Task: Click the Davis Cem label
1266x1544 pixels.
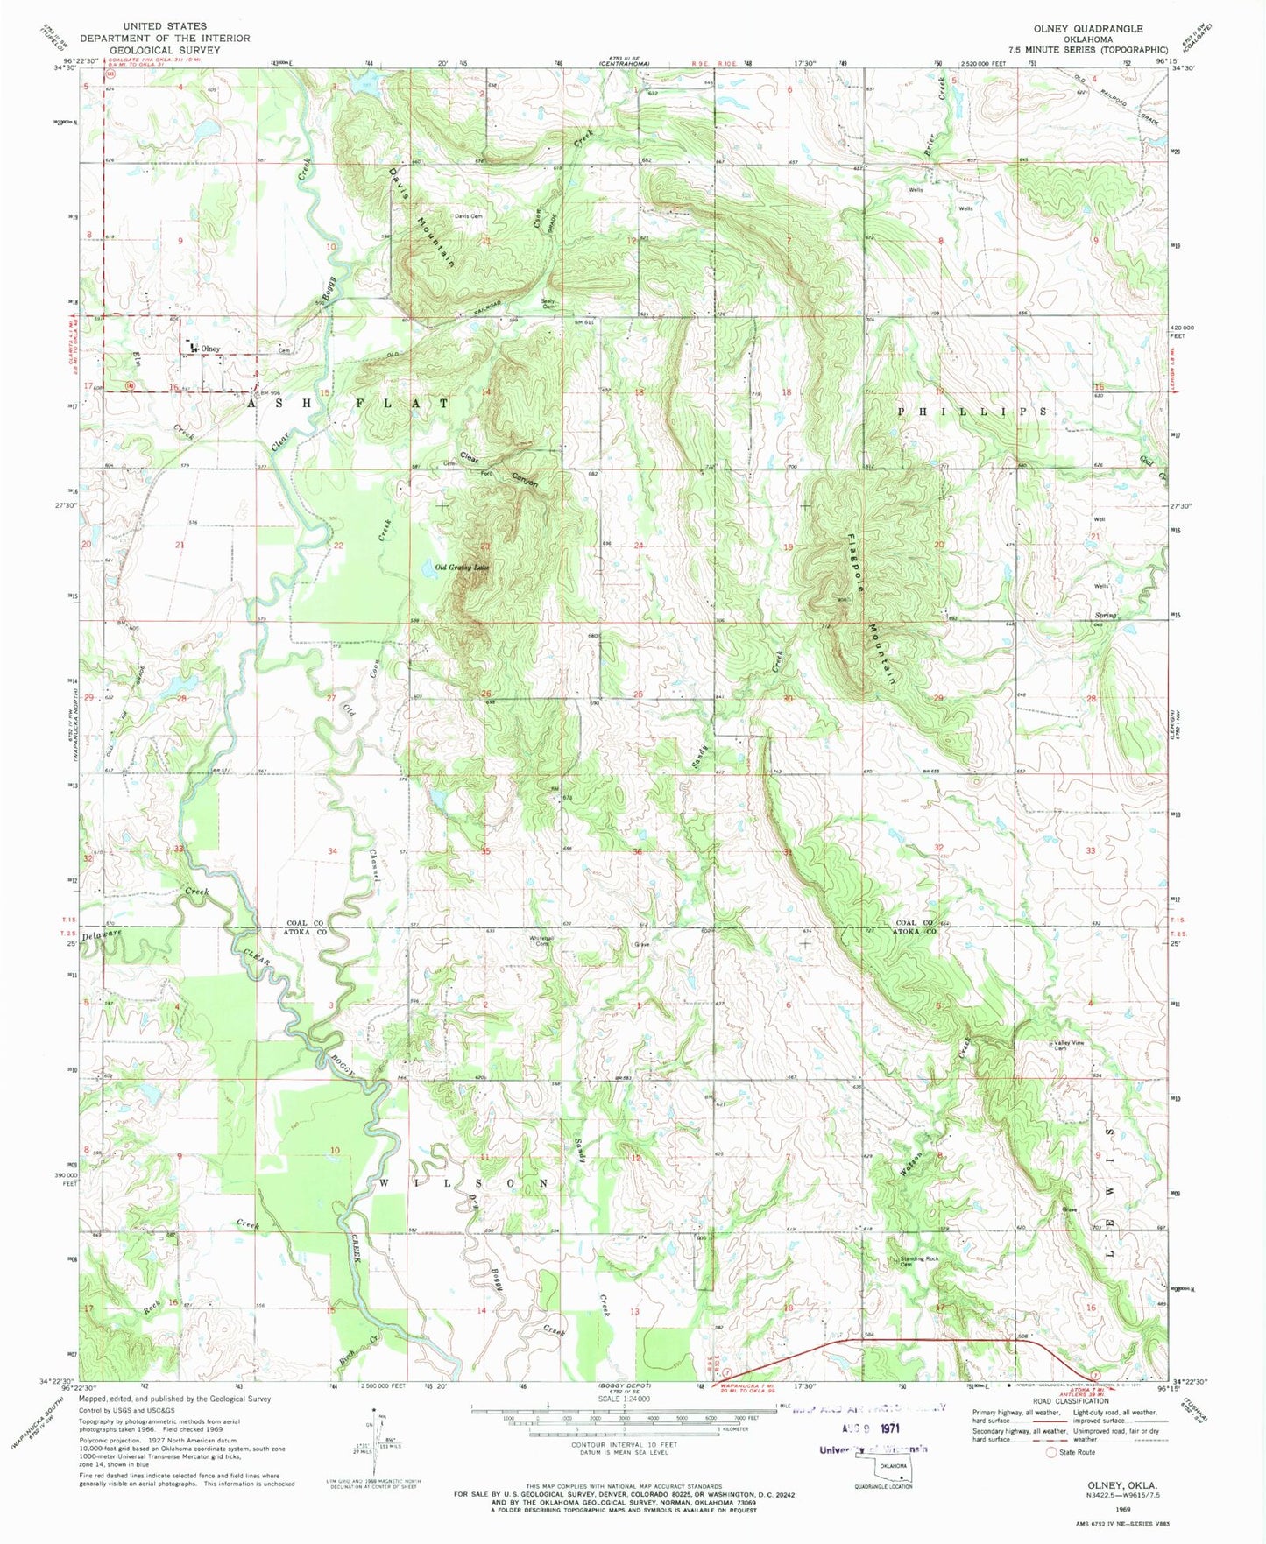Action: [469, 215]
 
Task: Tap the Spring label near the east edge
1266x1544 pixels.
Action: [1106, 616]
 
